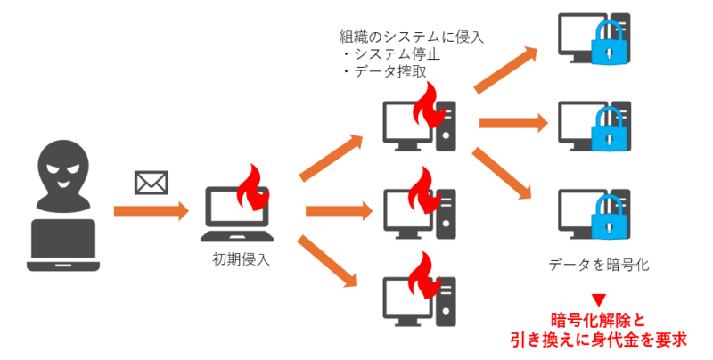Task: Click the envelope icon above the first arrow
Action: (151, 183)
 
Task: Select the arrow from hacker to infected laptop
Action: (151, 212)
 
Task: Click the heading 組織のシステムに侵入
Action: (411, 37)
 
